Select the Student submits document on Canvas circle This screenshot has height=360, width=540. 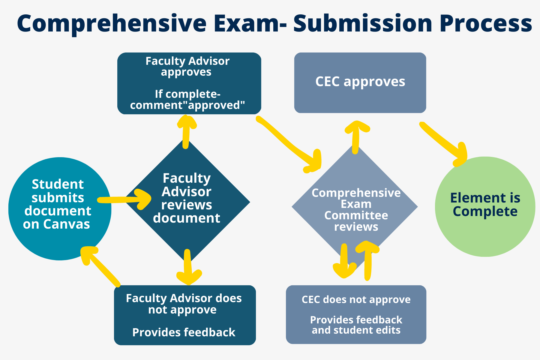(x=59, y=209)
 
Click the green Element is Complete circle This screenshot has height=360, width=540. (x=485, y=206)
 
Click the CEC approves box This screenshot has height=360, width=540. (x=360, y=83)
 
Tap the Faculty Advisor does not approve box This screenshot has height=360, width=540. (x=184, y=315)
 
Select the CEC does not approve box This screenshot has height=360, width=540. (x=356, y=314)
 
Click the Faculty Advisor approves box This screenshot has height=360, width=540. (x=189, y=83)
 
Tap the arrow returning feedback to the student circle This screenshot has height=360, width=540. (x=100, y=265)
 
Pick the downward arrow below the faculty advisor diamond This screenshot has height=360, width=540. (x=188, y=267)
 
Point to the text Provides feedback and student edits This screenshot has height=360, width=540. (x=356, y=325)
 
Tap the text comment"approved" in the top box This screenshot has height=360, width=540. (x=187, y=105)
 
